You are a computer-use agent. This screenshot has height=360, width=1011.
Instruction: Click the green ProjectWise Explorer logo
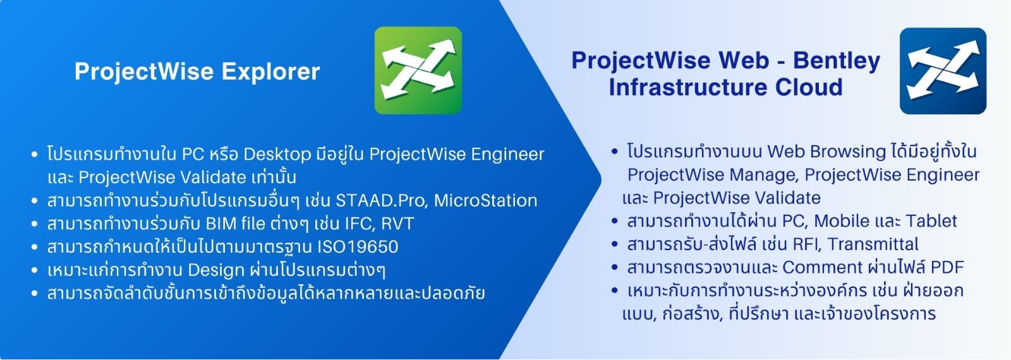[418, 70]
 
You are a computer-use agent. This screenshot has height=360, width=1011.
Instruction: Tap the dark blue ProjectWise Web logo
[943, 71]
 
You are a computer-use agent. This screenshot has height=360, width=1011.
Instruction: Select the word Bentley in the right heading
[837, 61]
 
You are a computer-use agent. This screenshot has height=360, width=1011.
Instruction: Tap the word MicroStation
[486, 200]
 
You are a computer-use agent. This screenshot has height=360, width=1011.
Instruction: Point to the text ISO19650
[358, 247]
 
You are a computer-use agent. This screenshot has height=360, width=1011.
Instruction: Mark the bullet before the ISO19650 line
[34, 247]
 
